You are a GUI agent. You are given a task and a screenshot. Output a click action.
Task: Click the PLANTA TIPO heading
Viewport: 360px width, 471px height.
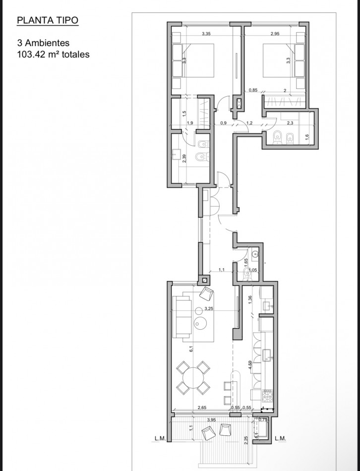(48, 21)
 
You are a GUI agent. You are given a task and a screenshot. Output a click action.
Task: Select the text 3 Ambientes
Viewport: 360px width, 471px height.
(43, 43)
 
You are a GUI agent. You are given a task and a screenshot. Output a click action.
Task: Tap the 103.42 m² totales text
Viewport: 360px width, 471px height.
(53, 55)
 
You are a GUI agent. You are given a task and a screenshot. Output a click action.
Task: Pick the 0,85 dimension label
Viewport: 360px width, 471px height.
(252, 90)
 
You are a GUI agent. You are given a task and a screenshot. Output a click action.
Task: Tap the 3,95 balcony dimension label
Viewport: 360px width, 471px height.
(211, 420)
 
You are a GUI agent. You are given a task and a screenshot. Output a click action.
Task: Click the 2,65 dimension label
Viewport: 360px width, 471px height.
(202, 408)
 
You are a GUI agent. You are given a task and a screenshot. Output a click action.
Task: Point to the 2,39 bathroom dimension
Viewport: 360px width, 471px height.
(184, 159)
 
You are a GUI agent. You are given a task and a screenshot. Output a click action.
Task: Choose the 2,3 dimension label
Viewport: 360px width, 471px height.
(290, 122)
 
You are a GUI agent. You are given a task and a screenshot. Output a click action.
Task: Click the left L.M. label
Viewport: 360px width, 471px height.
(160, 438)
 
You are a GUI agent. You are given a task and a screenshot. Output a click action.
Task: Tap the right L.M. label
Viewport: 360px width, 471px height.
(281, 438)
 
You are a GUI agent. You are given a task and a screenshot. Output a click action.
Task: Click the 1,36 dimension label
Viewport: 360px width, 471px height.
(250, 299)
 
